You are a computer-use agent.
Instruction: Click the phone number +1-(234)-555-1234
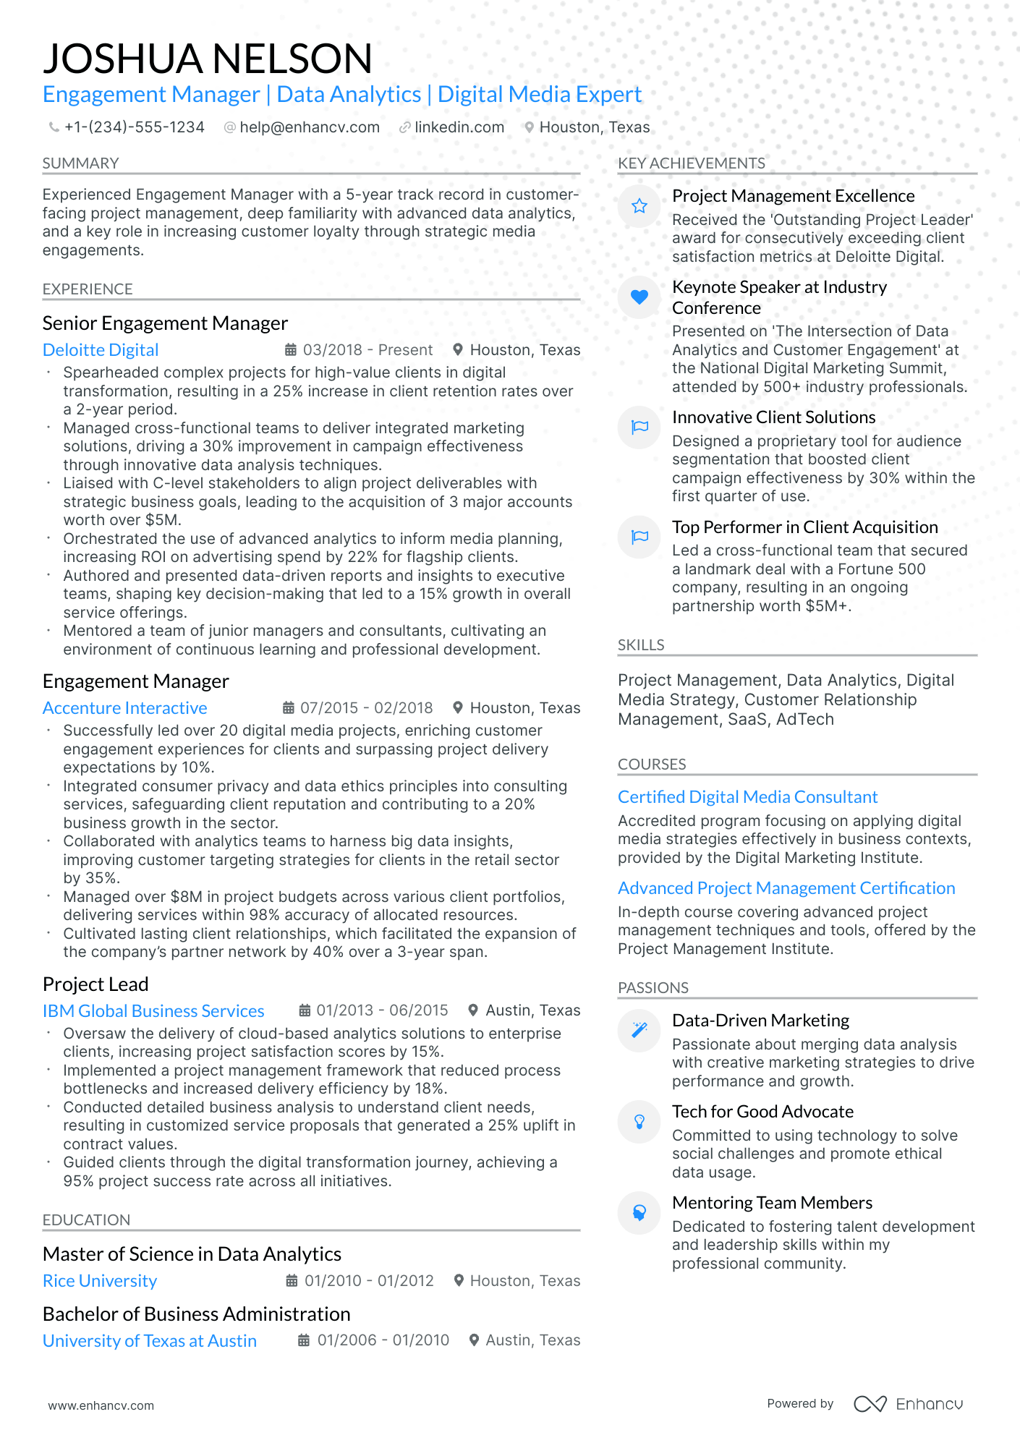pos(134,127)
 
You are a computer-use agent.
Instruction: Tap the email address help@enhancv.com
pos(309,127)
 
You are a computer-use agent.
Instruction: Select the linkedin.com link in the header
pos(459,127)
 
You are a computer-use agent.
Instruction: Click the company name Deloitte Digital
pos(101,350)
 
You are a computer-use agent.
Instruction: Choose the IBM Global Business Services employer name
pos(153,1011)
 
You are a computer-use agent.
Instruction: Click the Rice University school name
pos(100,1281)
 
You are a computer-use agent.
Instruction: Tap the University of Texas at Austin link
pos(150,1341)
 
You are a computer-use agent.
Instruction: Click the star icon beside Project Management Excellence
pos(639,207)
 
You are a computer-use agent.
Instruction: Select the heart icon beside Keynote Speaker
pos(639,297)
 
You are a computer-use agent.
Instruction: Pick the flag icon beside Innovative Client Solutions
pos(639,427)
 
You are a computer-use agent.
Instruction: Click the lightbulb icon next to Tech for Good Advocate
pos(639,1122)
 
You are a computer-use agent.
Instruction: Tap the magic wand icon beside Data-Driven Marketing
pos(639,1030)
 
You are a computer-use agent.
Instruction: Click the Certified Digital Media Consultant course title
pos(747,797)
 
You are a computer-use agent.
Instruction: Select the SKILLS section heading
pos(641,645)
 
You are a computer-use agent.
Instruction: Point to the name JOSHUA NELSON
pos(208,59)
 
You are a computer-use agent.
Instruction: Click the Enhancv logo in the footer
pos(908,1404)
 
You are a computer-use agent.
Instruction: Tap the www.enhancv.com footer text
pos(101,1405)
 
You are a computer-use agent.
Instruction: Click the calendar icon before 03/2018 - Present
pos(291,350)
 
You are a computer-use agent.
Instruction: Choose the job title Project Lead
pos(95,984)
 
